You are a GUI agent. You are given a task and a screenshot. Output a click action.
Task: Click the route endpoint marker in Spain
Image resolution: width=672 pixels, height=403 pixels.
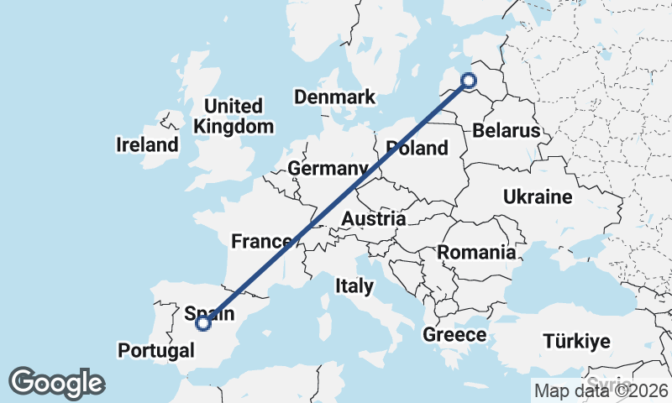pos(202,322)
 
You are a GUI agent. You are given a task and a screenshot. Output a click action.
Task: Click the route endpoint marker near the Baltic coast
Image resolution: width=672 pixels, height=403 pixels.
pos(469,81)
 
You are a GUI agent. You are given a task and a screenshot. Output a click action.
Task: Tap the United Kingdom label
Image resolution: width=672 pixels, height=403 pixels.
pos(234,117)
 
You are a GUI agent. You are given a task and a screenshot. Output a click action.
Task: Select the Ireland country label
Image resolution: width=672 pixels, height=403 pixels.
pos(147,144)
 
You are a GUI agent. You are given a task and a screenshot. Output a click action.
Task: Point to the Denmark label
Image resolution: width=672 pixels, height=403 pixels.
pos(334,97)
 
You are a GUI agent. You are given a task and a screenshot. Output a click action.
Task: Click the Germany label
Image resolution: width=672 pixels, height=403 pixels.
pos(328,169)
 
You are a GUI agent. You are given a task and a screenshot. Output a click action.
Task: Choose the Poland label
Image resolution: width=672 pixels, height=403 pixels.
pos(417,149)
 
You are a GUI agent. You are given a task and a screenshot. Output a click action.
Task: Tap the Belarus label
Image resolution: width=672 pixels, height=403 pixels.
pos(506,131)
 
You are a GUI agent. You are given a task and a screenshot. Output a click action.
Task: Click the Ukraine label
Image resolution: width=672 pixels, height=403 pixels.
pos(538,197)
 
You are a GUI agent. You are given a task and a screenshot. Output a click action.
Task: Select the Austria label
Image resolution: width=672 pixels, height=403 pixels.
pos(373,219)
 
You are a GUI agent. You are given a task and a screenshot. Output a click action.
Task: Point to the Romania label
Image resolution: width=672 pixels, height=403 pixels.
pos(476,252)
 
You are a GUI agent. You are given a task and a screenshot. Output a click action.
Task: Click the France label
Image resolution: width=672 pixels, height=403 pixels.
pos(261,242)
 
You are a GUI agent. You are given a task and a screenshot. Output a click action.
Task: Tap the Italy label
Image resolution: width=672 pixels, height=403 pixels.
pos(354,286)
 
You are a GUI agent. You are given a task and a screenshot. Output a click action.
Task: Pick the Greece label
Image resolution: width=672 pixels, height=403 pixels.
pos(454,335)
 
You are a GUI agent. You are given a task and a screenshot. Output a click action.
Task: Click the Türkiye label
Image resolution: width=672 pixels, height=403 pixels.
pos(576,342)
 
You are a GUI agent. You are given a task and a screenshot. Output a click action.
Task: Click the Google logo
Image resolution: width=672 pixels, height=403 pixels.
pos(56,383)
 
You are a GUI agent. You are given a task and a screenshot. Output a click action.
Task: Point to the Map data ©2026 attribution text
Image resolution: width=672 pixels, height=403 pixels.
pos(601,390)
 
